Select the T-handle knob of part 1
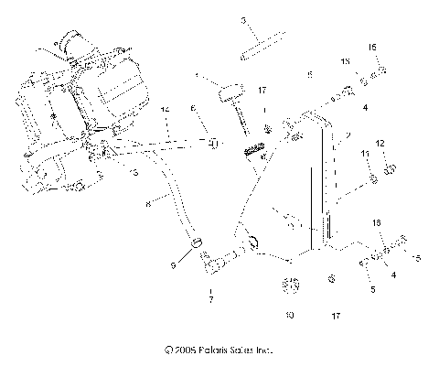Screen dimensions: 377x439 (x=226, y=94)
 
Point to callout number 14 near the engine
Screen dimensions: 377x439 (x=166, y=111)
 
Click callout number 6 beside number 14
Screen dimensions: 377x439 (x=193, y=108)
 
